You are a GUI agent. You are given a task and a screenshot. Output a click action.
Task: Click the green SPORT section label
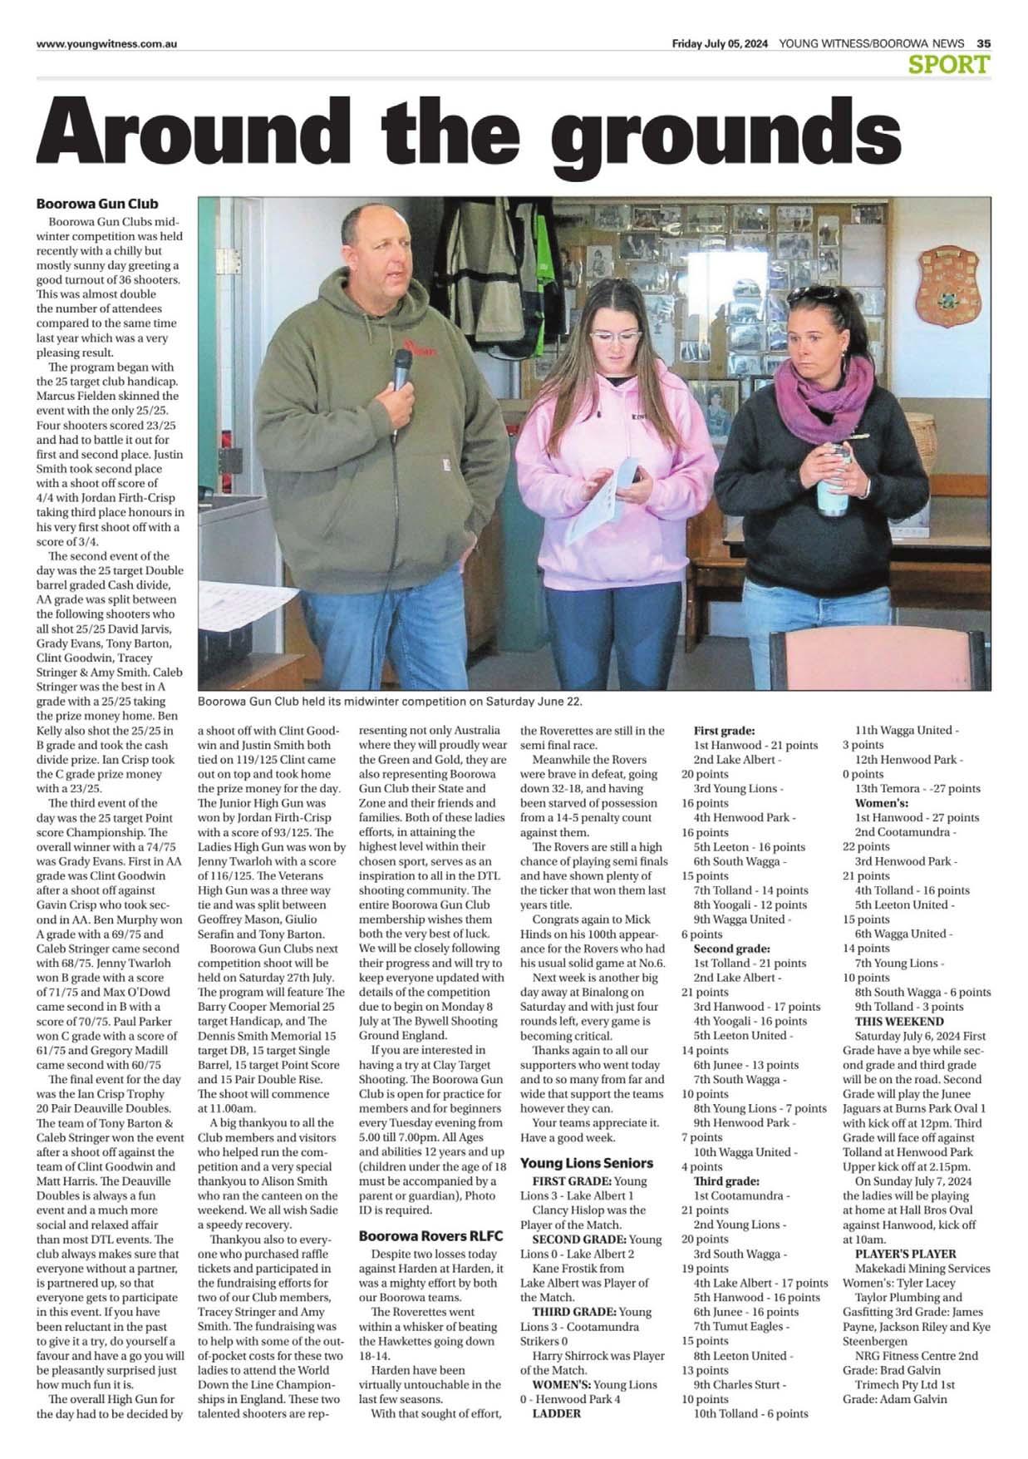[x=949, y=64]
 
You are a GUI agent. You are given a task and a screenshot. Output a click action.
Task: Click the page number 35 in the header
[x=983, y=43]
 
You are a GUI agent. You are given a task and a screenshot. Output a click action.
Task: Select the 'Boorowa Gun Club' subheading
[x=96, y=204]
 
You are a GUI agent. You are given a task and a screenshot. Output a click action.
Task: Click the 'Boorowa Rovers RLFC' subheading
[x=430, y=1235]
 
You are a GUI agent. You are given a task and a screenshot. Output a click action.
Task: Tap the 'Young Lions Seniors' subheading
[x=587, y=1162]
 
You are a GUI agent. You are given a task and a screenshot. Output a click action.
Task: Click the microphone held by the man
[x=402, y=371]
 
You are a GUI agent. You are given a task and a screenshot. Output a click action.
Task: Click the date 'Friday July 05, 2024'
[x=720, y=43]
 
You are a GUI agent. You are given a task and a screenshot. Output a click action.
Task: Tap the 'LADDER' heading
[x=556, y=1413]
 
